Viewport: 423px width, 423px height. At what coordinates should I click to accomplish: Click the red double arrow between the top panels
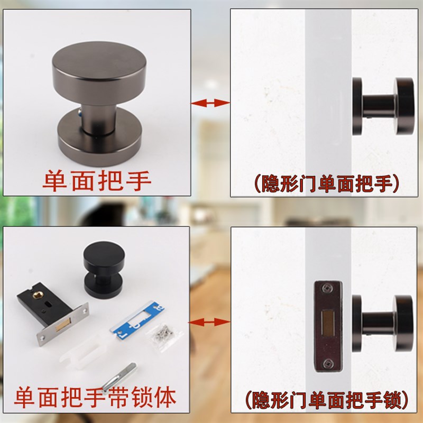[210, 103]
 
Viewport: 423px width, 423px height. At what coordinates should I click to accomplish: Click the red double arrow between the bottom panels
[210, 321]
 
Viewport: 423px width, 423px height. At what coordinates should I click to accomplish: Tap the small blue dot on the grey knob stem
[80, 113]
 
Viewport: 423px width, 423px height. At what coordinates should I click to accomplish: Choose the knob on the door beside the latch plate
[384, 319]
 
